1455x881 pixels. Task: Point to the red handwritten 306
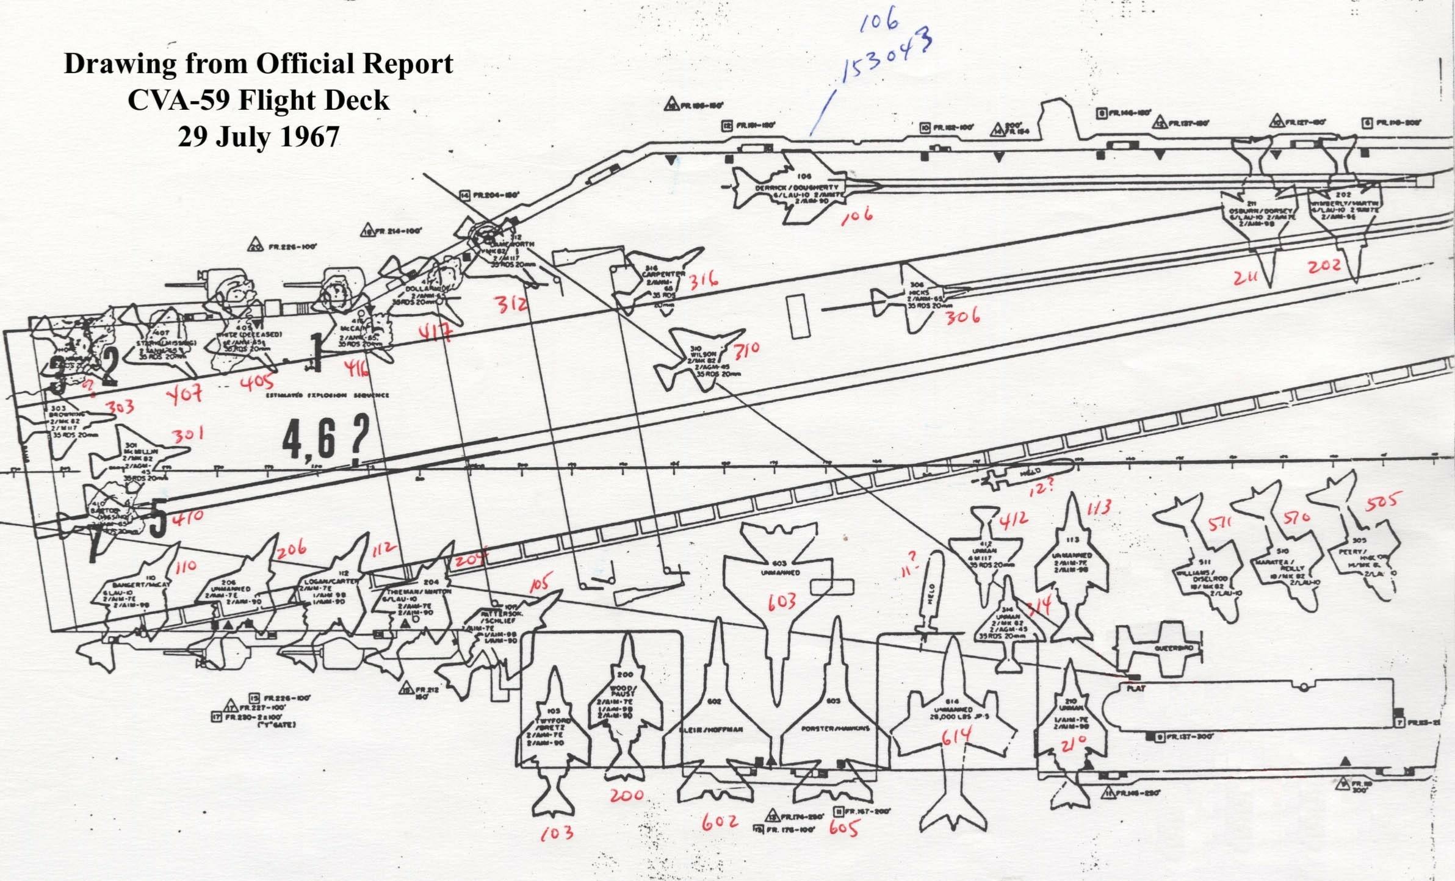(x=962, y=316)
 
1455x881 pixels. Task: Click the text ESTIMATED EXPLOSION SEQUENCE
(x=328, y=395)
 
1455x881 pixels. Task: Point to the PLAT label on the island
(x=1136, y=688)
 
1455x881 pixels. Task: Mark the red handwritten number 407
(x=186, y=394)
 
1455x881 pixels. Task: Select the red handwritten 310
(x=746, y=350)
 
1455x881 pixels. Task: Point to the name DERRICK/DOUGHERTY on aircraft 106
(x=796, y=187)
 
